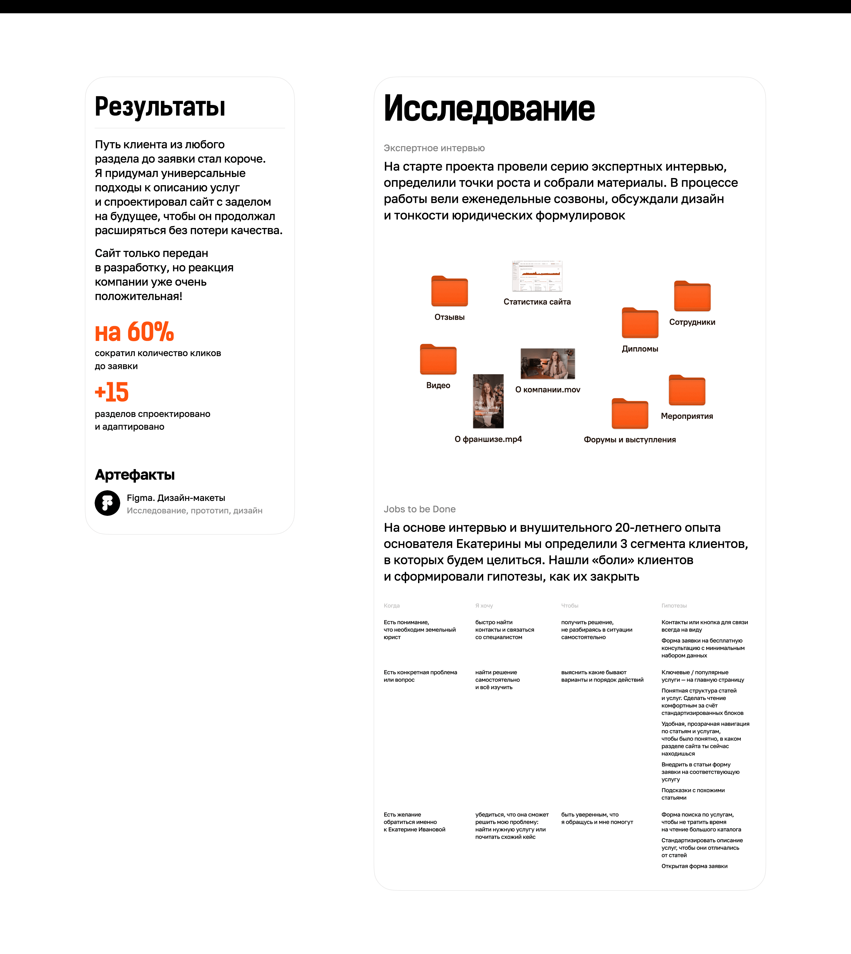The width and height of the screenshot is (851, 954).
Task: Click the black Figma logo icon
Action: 107,503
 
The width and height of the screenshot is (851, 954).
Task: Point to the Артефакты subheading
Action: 135,475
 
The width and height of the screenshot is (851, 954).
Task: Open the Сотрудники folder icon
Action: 692,296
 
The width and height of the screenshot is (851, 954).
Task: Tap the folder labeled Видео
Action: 438,360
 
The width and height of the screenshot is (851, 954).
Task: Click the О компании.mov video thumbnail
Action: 548,364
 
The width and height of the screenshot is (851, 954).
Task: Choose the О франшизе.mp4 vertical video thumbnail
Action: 488,401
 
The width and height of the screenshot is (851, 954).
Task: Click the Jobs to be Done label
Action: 419,509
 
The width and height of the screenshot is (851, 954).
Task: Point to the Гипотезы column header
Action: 674,605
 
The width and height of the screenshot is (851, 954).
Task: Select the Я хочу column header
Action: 484,605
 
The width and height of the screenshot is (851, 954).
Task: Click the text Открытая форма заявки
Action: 694,866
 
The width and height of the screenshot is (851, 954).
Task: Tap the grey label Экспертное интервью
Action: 434,148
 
